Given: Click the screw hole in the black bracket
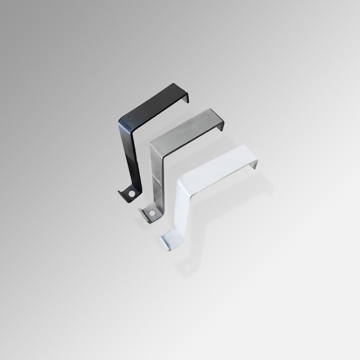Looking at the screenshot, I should (131, 194).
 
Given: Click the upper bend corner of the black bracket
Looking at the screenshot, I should (121, 121).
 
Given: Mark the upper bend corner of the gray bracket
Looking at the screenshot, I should (152, 143).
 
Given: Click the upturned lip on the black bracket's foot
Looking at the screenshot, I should (122, 194).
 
